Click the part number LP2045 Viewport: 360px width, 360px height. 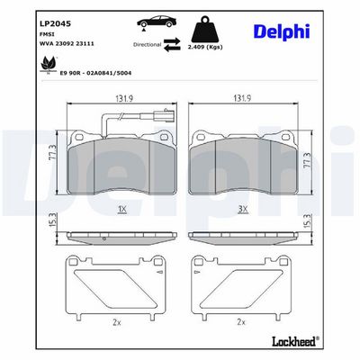(56, 23)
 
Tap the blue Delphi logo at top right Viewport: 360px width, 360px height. (282, 31)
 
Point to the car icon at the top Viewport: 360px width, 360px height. (157, 22)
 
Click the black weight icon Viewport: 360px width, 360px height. (205, 31)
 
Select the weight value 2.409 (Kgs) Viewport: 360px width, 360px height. (205, 47)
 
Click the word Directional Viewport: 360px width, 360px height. (147, 45)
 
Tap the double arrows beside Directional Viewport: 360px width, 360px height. (172, 44)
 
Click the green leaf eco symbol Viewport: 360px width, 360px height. (47, 65)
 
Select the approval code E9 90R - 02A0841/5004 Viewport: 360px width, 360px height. (95, 73)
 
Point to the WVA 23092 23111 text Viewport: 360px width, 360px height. (67, 44)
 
